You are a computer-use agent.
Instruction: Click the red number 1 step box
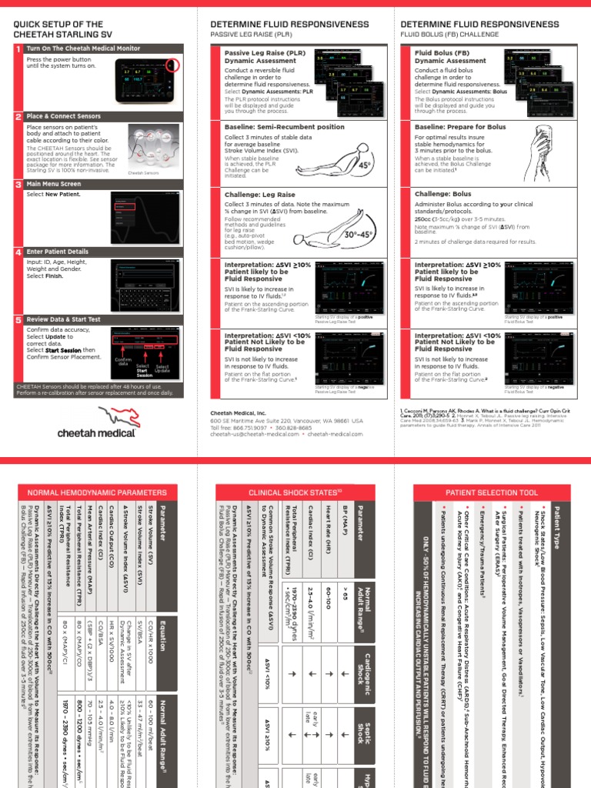[18, 48]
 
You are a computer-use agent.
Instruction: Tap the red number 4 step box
[18, 252]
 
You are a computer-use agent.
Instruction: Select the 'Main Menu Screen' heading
[54, 185]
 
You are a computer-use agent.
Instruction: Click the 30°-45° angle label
[362, 234]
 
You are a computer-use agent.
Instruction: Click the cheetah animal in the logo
[103, 416]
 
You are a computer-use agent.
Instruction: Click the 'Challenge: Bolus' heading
[442, 195]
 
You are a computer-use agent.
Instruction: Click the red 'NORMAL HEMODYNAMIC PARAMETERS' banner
[96, 492]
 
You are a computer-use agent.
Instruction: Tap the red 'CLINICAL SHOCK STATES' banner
[295, 492]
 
